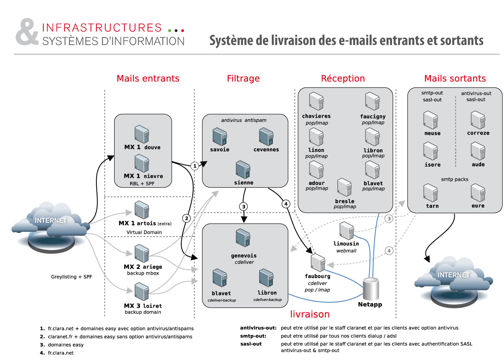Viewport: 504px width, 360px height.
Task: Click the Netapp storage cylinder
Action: (x=370, y=289)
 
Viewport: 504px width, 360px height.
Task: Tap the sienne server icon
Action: (x=243, y=170)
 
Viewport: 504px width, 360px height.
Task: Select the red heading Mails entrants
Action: (x=148, y=78)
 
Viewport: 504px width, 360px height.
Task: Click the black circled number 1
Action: (x=195, y=166)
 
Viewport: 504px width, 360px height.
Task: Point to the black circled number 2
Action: (x=186, y=218)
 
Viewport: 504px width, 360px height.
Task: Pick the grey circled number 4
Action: (x=389, y=251)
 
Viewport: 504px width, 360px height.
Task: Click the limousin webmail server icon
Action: (x=346, y=231)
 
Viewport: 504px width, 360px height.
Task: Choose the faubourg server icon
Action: (x=318, y=262)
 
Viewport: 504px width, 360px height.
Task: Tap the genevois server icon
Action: (x=243, y=238)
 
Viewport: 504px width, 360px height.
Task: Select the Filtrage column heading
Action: (x=243, y=78)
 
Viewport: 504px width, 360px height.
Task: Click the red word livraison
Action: (x=310, y=314)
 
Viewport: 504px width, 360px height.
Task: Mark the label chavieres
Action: (x=316, y=116)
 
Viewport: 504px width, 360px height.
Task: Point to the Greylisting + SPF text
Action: (x=71, y=277)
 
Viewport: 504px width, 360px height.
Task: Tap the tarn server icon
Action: (x=431, y=193)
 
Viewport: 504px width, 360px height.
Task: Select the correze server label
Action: (x=478, y=133)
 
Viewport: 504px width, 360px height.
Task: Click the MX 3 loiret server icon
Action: (x=141, y=292)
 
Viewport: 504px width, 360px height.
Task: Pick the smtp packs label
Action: (x=455, y=179)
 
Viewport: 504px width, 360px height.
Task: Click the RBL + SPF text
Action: (x=142, y=184)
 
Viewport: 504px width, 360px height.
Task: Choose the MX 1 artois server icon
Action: (x=141, y=210)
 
